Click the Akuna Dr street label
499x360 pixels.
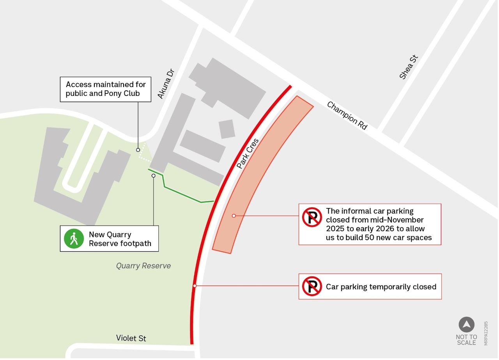point(165,84)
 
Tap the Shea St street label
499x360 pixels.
point(409,67)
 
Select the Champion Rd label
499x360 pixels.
point(347,115)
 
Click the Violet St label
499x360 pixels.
point(131,338)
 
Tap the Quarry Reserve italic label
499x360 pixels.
point(143,266)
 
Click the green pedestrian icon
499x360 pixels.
point(74,239)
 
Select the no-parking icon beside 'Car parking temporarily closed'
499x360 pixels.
point(312,286)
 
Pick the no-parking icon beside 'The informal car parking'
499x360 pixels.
point(312,217)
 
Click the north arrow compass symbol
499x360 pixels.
point(466,325)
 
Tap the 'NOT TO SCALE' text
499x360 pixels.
point(466,340)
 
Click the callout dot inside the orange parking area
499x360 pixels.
point(234,215)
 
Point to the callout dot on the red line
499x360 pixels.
point(195,286)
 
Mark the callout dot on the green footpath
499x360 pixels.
point(154,176)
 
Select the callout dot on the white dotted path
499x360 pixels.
point(138,150)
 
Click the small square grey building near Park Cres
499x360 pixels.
point(227,129)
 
